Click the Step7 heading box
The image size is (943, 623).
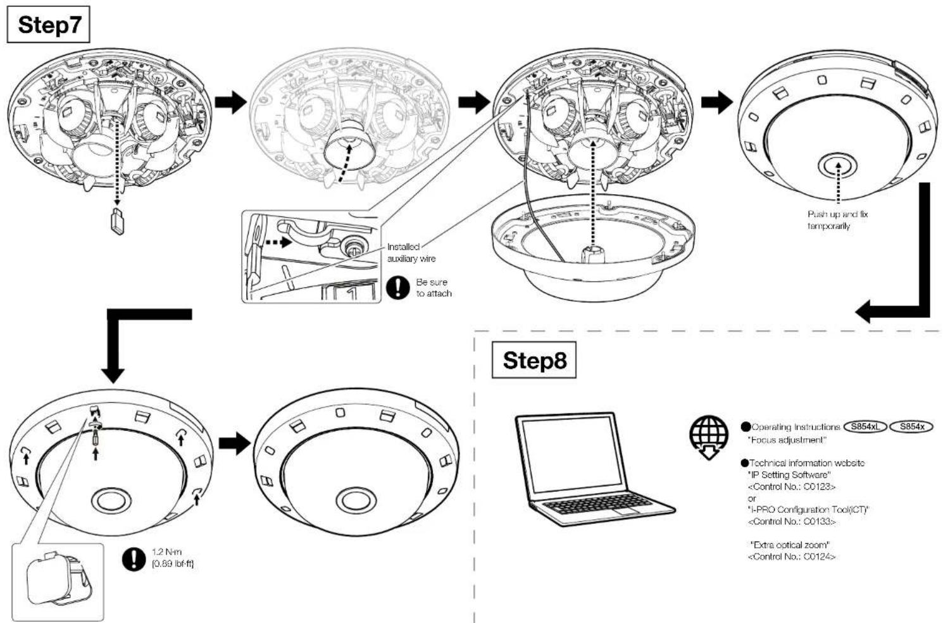click(48, 25)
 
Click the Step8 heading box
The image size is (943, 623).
click(534, 360)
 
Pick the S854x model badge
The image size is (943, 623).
click(911, 426)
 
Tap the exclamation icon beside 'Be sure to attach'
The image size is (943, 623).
click(397, 288)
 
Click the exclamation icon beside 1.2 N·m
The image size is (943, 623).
click(134, 559)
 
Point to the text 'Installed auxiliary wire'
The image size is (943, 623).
click(411, 253)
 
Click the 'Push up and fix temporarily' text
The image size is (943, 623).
click(837, 220)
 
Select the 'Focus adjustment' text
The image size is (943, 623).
click(787, 440)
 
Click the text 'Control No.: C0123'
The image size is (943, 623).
click(792, 487)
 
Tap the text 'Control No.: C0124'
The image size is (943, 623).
click(792, 557)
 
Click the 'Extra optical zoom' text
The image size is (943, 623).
click(790, 545)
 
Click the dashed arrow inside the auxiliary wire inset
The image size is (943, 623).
click(278, 242)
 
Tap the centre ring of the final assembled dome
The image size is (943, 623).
click(356, 500)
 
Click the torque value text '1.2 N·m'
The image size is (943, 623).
click(166, 552)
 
